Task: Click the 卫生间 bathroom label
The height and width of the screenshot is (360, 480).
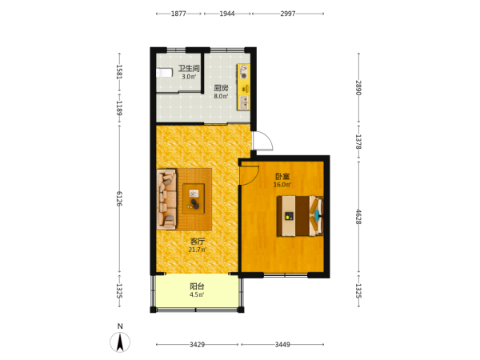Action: point(189,68)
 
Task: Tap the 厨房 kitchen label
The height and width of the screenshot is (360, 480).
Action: point(221,88)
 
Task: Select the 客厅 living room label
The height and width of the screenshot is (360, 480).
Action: point(198,242)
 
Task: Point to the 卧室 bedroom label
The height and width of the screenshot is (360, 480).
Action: point(282,176)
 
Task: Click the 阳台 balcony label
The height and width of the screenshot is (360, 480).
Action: point(197,286)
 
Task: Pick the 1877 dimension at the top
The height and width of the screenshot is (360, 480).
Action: point(178,14)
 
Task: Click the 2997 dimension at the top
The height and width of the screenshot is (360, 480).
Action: point(288,14)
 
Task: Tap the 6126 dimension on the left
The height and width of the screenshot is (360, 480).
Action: point(119,198)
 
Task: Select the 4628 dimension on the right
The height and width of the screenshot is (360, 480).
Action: point(358,217)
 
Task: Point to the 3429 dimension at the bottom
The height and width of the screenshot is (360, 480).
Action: point(197,345)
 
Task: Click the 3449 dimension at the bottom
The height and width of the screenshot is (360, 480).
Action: point(282,345)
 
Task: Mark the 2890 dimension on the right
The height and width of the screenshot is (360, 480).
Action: point(358,88)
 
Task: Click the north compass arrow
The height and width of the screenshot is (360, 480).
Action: point(120,342)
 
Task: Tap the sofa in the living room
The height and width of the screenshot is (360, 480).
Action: point(167,199)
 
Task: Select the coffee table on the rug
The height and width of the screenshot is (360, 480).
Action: point(194,198)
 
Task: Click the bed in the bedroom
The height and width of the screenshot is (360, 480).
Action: point(300,216)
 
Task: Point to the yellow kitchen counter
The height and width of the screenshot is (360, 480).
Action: point(243,87)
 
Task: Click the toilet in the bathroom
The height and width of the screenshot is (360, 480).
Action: point(164,73)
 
